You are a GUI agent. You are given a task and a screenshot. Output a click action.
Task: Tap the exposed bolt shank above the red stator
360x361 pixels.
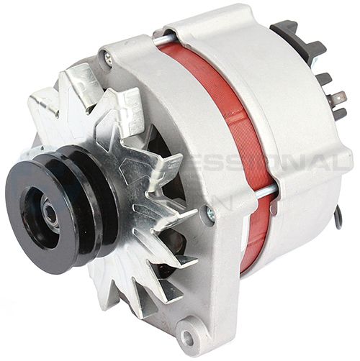pos(164,37)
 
